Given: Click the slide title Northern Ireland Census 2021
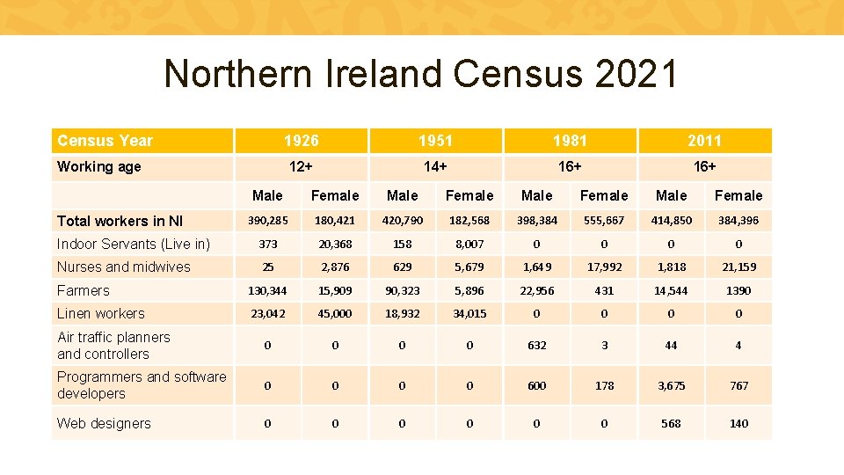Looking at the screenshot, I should pos(421,74).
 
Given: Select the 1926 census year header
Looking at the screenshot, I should pos(301,141).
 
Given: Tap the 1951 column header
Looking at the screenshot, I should pos(435,141).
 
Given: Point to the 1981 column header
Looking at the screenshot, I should pos(570,141).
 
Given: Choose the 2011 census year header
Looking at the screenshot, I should pos(704,141).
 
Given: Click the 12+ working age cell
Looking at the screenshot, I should pos(301,166).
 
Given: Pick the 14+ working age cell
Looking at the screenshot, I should pos(435,166).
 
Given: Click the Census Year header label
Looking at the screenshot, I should pos(105,141).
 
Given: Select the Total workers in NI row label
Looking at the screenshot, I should pos(120,221).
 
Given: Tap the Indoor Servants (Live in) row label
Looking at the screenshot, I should pos(134,244).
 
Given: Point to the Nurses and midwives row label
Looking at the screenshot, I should pos(124,267).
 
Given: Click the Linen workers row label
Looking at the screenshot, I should pos(101,313).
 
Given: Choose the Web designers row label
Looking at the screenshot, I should pos(104,423).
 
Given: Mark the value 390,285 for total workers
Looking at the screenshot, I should pos(267,221).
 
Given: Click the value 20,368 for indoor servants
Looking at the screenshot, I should pos(335,245).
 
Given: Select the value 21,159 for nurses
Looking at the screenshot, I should pos(738,267).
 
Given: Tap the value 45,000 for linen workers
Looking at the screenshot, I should pos(335,314).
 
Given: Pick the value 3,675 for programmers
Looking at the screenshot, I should pos(672,385).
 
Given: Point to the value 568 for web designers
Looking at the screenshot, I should pos(672,424).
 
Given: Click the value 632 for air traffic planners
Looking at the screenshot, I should pos(537,346).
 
